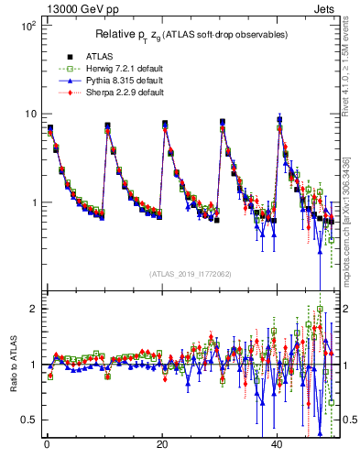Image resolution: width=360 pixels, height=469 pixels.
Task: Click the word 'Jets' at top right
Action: tap(327, 7)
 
